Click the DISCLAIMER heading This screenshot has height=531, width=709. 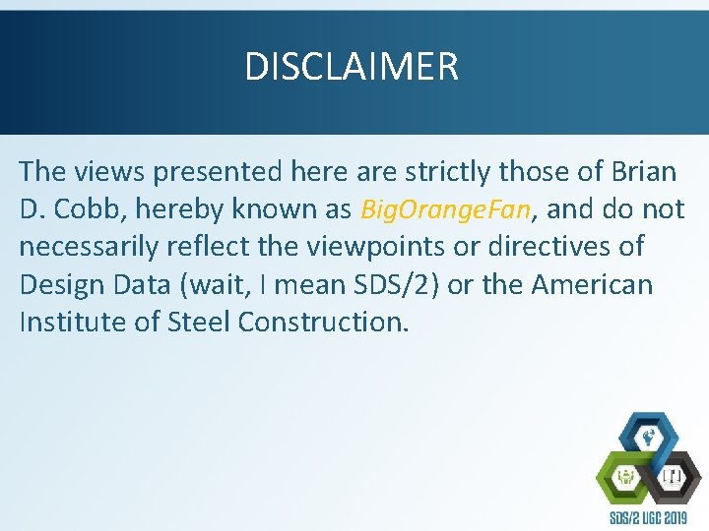click(352, 67)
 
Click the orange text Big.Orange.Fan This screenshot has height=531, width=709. click(447, 209)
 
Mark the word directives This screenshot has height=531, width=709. click(576, 248)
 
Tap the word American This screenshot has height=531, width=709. click(592, 285)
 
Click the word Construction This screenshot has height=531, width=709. click(322, 323)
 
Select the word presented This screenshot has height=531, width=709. click(210, 172)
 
